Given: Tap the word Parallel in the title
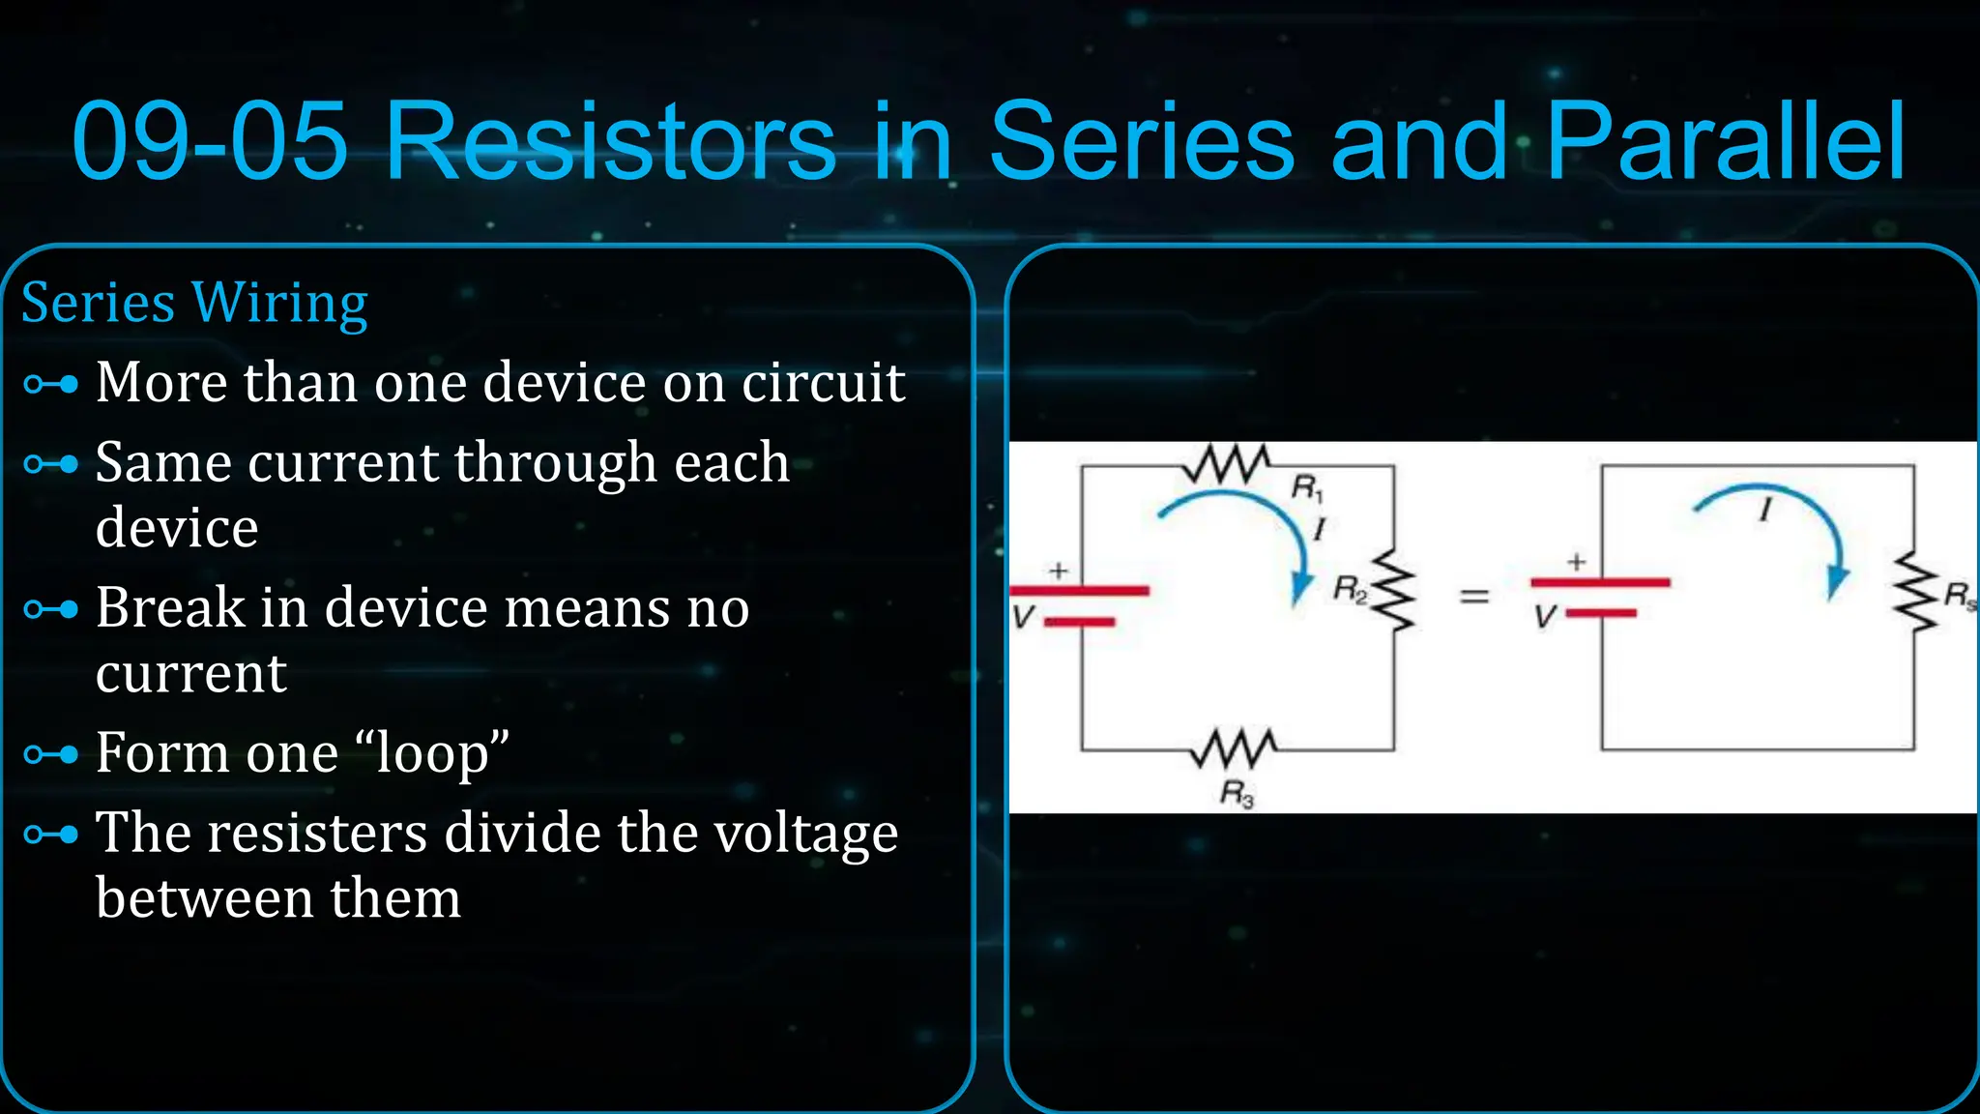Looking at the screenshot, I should click(x=1725, y=142).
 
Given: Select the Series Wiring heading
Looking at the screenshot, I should click(x=194, y=304).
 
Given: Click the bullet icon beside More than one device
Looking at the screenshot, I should click(x=50, y=385).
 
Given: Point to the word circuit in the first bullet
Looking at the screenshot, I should click(x=823, y=383).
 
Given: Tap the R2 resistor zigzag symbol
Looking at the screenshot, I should click(x=1394, y=590).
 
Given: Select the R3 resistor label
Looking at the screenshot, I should click(x=1237, y=795).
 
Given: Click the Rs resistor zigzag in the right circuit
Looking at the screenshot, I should click(x=1915, y=592).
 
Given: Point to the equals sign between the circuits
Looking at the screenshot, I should click(x=1473, y=597).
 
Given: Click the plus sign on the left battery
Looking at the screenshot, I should click(x=1059, y=571).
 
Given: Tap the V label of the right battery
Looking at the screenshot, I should click(x=1545, y=617).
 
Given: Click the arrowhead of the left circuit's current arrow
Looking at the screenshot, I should click(x=1301, y=587).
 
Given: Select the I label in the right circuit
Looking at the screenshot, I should click(x=1765, y=510).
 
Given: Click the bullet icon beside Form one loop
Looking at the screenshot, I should click(x=50, y=754).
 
